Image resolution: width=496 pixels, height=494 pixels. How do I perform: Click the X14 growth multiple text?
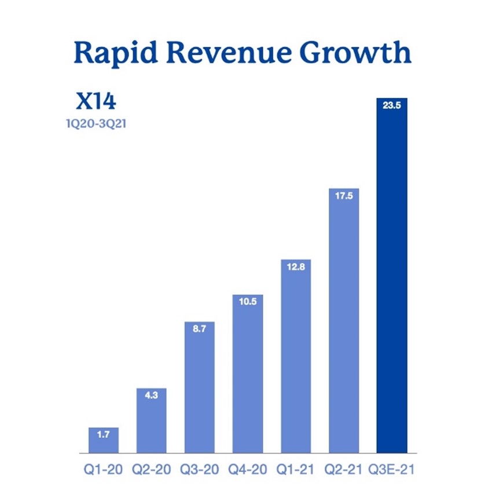coord(96,101)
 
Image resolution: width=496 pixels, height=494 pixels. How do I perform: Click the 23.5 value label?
coord(392,106)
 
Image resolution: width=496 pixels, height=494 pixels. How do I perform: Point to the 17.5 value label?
coord(344,196)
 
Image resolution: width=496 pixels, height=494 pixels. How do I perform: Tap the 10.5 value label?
coord(248,302)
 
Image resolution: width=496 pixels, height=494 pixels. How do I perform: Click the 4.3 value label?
coord(152,396)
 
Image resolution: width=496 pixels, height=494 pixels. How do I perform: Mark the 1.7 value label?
coord(104,435)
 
